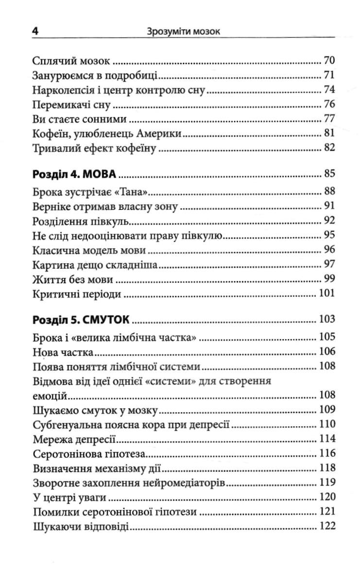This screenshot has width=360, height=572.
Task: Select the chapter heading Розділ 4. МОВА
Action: click(x=76, y=173)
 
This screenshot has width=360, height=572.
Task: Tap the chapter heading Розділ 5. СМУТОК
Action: click(x=82, y=319)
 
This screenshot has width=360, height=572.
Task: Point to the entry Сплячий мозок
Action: click(x=72, y=61)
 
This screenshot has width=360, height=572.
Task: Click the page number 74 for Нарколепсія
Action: click(x=329, y=90)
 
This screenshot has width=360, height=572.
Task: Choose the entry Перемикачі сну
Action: click(x=72, y=105)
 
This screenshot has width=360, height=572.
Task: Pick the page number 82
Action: click(x=329, y=148)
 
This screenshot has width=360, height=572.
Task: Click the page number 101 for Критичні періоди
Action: click(x=326, y=294)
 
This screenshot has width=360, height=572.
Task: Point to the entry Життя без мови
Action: click(x=73, y=279)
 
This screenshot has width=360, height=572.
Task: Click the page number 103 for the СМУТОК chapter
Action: click(x=326, y=319)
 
